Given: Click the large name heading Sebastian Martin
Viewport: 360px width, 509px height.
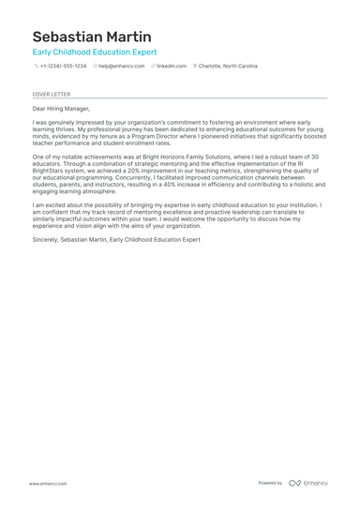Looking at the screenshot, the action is pos(91,37).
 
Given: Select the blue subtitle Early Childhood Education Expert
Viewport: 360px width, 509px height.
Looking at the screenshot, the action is pos(95,52).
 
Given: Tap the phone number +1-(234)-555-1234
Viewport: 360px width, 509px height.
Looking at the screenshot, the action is pos(63,67).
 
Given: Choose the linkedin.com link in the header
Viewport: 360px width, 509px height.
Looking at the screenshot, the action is pos(172,67).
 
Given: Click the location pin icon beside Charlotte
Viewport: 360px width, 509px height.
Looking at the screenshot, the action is pos(195,67).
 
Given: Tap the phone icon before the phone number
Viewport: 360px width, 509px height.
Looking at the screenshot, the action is pos(36,67).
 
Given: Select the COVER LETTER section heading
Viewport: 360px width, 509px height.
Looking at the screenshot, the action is pos(52,94).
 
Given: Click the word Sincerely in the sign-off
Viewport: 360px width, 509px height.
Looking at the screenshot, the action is pos(46,239).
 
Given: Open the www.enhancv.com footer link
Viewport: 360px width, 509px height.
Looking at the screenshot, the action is pos(47,483).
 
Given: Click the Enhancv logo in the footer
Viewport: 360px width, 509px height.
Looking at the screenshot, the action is pos(308,483).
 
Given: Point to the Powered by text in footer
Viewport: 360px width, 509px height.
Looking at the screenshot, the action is pos(270,483).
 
